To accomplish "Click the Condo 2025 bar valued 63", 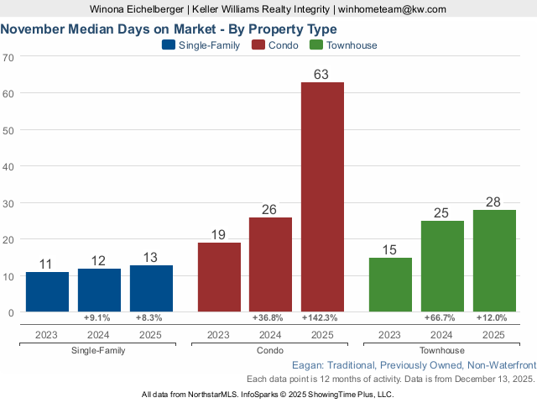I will [x=322, y=196].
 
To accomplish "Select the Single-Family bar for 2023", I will [x=47, y=291].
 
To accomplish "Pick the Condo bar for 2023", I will [x=219, y=277].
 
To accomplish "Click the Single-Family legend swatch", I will [x=168, y=44].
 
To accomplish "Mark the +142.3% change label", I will [x=322, y=318].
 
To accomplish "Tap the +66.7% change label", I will [x=442, y=318].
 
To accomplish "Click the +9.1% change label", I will [x=99, y=318].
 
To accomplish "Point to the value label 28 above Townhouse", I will [x=494, y=202].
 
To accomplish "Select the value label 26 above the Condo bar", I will [x=270, y=209].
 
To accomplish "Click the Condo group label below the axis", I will [x=270, y=350].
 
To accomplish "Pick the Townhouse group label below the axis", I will [x=442, y=350].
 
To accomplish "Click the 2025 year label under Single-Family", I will [x=151, y=334].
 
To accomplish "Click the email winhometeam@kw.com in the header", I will [x=392, y=8].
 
